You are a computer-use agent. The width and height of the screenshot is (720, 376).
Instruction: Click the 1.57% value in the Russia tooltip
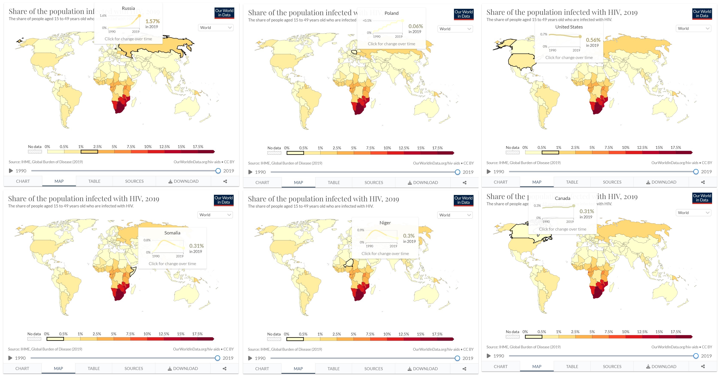152,21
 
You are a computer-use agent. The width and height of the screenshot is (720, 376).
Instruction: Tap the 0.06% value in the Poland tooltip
415,26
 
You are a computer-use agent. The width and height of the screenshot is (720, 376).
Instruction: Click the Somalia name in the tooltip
172,233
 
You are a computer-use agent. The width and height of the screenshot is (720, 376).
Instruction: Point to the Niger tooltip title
385,223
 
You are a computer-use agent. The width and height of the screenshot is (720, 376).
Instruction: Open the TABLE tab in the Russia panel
94,181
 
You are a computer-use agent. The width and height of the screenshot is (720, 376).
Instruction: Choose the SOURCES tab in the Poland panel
374,182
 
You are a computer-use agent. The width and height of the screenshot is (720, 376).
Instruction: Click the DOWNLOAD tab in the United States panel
661,182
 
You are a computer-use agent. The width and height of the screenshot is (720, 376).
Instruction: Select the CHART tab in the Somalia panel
22,368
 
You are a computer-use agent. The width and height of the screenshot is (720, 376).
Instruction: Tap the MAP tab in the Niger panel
298,369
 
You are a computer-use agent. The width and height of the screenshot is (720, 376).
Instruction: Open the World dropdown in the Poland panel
455,29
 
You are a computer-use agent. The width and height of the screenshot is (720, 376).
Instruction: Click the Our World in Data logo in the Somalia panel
223,200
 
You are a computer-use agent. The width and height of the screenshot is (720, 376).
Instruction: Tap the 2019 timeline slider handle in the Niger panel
457,358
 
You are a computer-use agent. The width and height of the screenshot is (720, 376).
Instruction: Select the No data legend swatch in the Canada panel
512,337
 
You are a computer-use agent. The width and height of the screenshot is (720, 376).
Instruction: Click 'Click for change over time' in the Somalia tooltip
172,263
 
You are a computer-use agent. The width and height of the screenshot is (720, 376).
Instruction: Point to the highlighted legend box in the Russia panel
89,152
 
